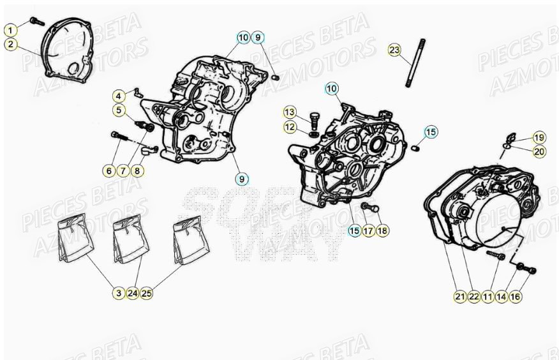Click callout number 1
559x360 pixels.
(11, 29)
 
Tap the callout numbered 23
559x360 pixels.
(394, 50)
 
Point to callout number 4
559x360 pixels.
(119, 96)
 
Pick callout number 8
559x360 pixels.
(138, 170)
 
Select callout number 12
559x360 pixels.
(290, 127)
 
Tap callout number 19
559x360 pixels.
(539, 137)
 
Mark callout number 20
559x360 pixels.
(539, 151)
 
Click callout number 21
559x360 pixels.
(460, 296)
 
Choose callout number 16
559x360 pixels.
(516, 296)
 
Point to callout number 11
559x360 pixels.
(488, 296)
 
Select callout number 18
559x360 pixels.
(382, 230)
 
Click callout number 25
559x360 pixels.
(146, 293)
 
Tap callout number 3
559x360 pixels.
(119, 293)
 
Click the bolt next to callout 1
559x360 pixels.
(36, 21)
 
